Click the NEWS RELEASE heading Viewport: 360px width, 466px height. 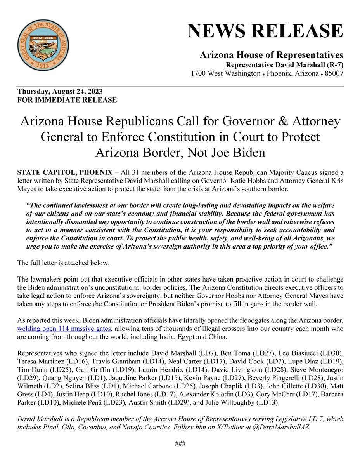pos(265,31)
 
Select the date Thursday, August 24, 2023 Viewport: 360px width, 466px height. pos(60,92)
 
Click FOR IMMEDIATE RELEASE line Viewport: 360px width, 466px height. pos(67,100)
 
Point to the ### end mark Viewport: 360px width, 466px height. pos(180,443)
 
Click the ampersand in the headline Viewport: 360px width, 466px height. pos(279,122)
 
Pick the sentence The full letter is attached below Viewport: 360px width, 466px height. pos(64,263)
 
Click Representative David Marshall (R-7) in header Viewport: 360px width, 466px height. pos(284,64)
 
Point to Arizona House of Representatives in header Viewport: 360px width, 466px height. pos(271,55)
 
